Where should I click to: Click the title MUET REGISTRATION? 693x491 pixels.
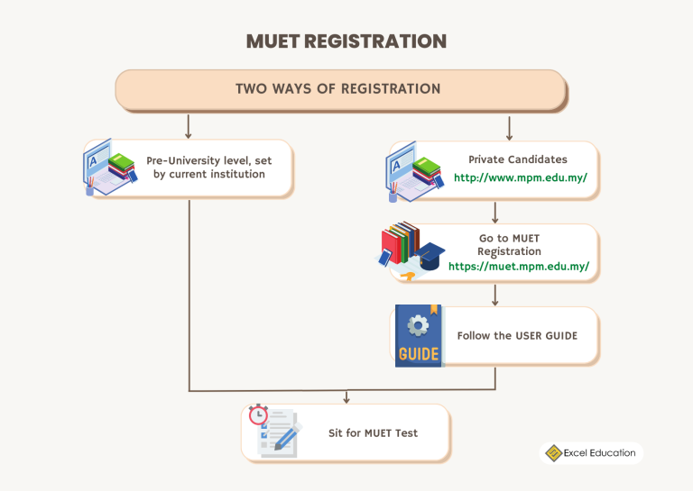(x=346, y=41)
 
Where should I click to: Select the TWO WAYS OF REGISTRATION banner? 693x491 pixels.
(x=339, y=89)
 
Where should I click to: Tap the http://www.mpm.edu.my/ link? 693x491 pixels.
(x=521, y=177)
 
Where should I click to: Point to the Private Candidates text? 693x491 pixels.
(x=517, y=159)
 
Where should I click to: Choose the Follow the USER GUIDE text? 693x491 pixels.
(x=517, y=335)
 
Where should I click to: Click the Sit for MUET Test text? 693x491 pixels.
(x=373, y=432)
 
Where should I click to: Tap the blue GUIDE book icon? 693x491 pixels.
(x=418, y=336)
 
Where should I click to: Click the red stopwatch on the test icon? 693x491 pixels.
(x=258, y=414)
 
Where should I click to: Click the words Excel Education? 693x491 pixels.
(x=600, y=453)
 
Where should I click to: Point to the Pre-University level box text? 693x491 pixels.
(x=208, y=167)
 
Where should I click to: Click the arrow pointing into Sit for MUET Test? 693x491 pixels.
(x=346, y=397)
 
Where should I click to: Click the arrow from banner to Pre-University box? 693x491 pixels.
(x=189, y=125)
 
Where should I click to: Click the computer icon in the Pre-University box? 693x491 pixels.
(x=98, y=166)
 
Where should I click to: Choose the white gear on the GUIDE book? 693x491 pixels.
(x=417, y=324)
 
